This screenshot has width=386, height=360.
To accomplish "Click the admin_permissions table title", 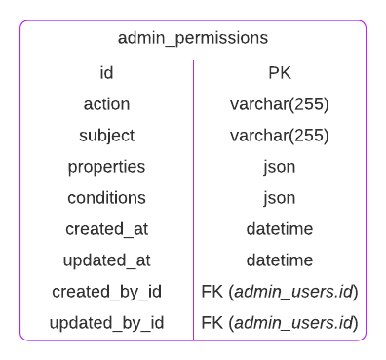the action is (x=193, y=39).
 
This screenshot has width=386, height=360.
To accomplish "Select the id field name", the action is (x=106, y=73).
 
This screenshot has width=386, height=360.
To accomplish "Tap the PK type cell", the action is (x=280, y=73).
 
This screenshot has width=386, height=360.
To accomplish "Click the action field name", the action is (x=106, y=104).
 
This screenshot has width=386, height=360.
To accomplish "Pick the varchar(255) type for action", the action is (x=280, y=104).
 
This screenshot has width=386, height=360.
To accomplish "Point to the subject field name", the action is (x=106, y=136).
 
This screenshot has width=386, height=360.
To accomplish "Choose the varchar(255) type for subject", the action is (x=280, y=136).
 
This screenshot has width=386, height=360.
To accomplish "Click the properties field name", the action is (x=106, y=167).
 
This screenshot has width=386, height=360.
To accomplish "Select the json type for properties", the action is (x=280, y=167).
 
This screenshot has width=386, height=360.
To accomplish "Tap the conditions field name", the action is (x=106, y=198).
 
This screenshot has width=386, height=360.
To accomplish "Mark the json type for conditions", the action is (x=280, y=198).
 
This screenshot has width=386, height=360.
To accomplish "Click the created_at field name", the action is (x=106, y=229).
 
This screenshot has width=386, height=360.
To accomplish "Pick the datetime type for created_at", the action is (x=280, y=229).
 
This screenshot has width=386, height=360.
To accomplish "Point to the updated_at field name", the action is (x=106, y=260).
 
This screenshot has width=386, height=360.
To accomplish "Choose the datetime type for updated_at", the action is (x=280, y=260).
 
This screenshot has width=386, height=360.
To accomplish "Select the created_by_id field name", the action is (x=106, y=292).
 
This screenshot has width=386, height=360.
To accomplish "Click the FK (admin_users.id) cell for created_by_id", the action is (x=280, y=292).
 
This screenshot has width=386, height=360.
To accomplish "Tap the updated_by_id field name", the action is (x=106, y=323).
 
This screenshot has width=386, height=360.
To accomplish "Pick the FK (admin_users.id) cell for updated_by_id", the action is (x=280, y=323).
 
